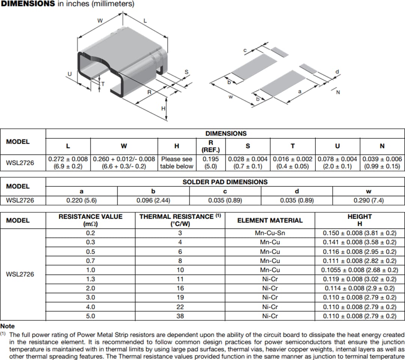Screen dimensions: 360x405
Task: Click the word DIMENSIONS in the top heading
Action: [x=28, y=4]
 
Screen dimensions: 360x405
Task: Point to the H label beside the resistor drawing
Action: [x=163, y=108]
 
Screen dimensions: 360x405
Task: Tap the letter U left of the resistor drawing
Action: [x=69, y=73]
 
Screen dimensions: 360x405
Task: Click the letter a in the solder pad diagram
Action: [x=299, y=91]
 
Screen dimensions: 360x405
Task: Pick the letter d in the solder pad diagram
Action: [x=337, y=72]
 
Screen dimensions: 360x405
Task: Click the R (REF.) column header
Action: [x=210, y=146]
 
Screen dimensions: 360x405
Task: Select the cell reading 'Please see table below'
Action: [x=177, y=163]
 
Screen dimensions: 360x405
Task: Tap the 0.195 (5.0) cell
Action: [x=210, y=163]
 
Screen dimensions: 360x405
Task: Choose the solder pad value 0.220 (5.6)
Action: [x=81, y=200]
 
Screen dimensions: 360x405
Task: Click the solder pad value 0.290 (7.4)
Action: [x=369, y=200]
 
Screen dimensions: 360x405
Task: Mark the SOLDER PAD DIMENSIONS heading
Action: [x=225, y=182]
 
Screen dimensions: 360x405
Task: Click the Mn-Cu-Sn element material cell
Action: [x=270, y=233]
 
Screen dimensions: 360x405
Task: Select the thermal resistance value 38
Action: [x=180, y=316]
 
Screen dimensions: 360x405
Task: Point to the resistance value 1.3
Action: [x=90, y=279]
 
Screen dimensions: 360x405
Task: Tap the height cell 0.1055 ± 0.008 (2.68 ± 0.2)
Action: [x=360, y=270]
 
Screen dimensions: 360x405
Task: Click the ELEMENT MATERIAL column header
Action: [x=270, y=220]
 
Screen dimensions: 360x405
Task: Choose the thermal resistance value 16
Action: [x=180, y=288]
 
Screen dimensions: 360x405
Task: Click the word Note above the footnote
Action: [x=7, y=326]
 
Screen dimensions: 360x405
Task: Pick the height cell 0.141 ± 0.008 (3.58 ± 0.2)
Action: [x=360, y=242]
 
